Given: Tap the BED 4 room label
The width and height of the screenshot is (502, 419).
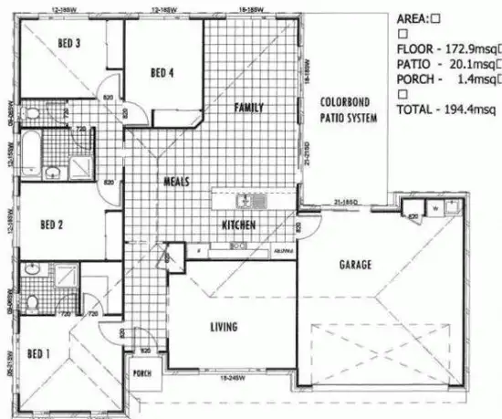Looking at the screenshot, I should pyautogui.click(x=162, y=73).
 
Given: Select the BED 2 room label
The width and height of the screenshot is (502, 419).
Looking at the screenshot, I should pyautogui.click(x=51, y=223).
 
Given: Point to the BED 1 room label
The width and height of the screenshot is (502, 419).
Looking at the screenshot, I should pyautogui.click(x=37, y=353).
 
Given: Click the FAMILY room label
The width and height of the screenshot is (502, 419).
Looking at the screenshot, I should pyautogui.click(x=248, y=108).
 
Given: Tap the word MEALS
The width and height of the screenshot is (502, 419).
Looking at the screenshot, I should pyautogui.click(x=176, y=181).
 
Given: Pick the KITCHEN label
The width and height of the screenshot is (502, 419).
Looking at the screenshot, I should pyautogui.click(x=239, y=225).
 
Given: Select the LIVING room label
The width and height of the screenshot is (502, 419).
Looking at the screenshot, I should pyautogui.click(x=224, y=326).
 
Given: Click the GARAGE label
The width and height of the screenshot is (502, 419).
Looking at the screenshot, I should pyautogui.click(x=355, y=265).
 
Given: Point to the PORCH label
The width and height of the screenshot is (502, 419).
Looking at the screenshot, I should pyautogui.click(x=141, y=372).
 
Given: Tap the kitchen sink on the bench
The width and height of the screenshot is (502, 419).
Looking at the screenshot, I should pyautogui.click(x=247, y=201).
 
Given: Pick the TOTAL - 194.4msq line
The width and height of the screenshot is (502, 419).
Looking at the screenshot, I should pyautogui.click(x=446, y=110).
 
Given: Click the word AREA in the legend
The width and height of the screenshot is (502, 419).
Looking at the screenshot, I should pyautogui.click(x=415, y=16).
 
